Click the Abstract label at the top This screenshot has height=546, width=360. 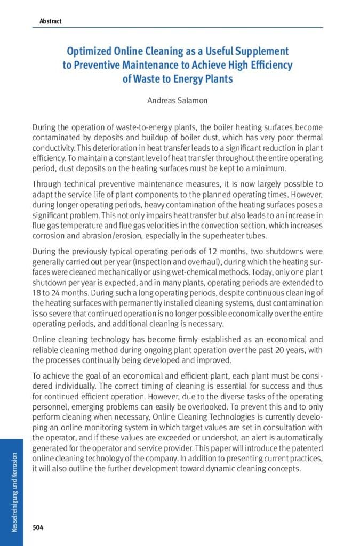point(51,21)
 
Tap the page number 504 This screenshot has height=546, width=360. point(38,527)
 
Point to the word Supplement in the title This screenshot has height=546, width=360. point(256,52)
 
